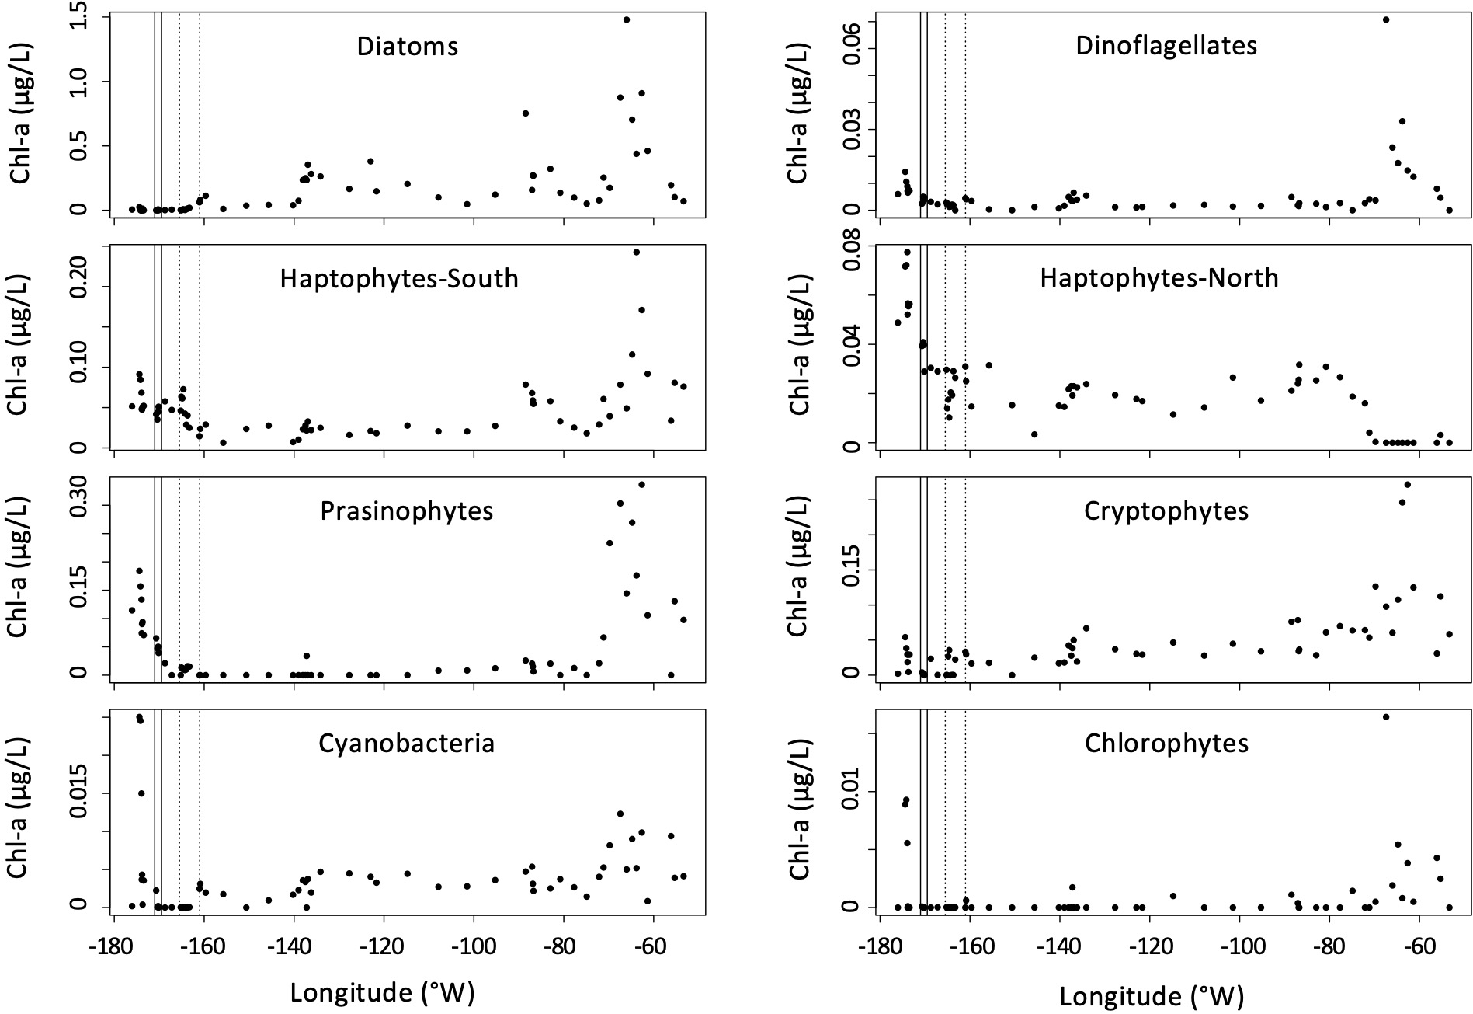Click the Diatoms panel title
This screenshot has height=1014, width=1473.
pos(408,47)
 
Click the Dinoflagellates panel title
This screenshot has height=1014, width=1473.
pos(1166,46)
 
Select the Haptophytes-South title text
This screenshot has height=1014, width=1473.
pos(399,279)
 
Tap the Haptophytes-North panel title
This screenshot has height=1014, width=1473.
pos(1159,278)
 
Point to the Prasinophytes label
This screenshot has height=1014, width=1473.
pos(407,511)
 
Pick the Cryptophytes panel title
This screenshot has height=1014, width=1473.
pos(1166,511)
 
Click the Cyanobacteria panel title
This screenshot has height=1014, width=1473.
pos(407,744)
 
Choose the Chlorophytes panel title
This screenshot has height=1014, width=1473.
pos(1166,744)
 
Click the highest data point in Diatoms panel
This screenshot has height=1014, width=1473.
pos(627,20)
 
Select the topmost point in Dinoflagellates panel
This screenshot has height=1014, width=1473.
pos(1386,20)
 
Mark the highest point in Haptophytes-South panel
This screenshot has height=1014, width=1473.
pos(637,252)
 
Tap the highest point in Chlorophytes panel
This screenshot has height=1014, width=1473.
pos(1386,717)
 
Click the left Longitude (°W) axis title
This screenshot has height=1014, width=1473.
pos(382,992)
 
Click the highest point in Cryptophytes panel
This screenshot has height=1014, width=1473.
pos(1407,485)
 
